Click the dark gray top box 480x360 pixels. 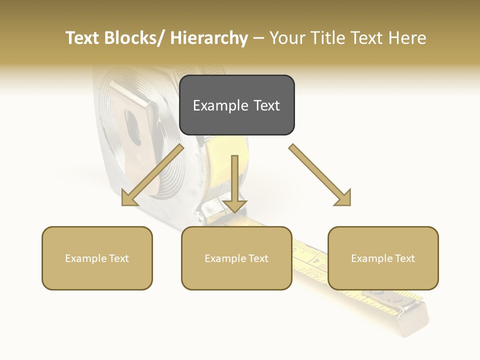[x=236, y=105]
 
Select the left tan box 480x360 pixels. [x=97, y=258]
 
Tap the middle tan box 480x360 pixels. [x=236, y=258]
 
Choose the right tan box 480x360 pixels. [x=383, y=258]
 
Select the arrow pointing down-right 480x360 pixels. [x=320, y=175]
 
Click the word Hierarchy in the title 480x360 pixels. [x=209, y=38]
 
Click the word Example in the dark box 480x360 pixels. [x=217, y=105]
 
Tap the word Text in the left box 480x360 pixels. [x=119, y=258]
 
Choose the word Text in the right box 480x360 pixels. [x=404, y=258]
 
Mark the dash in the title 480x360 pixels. [x=258, y=38]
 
